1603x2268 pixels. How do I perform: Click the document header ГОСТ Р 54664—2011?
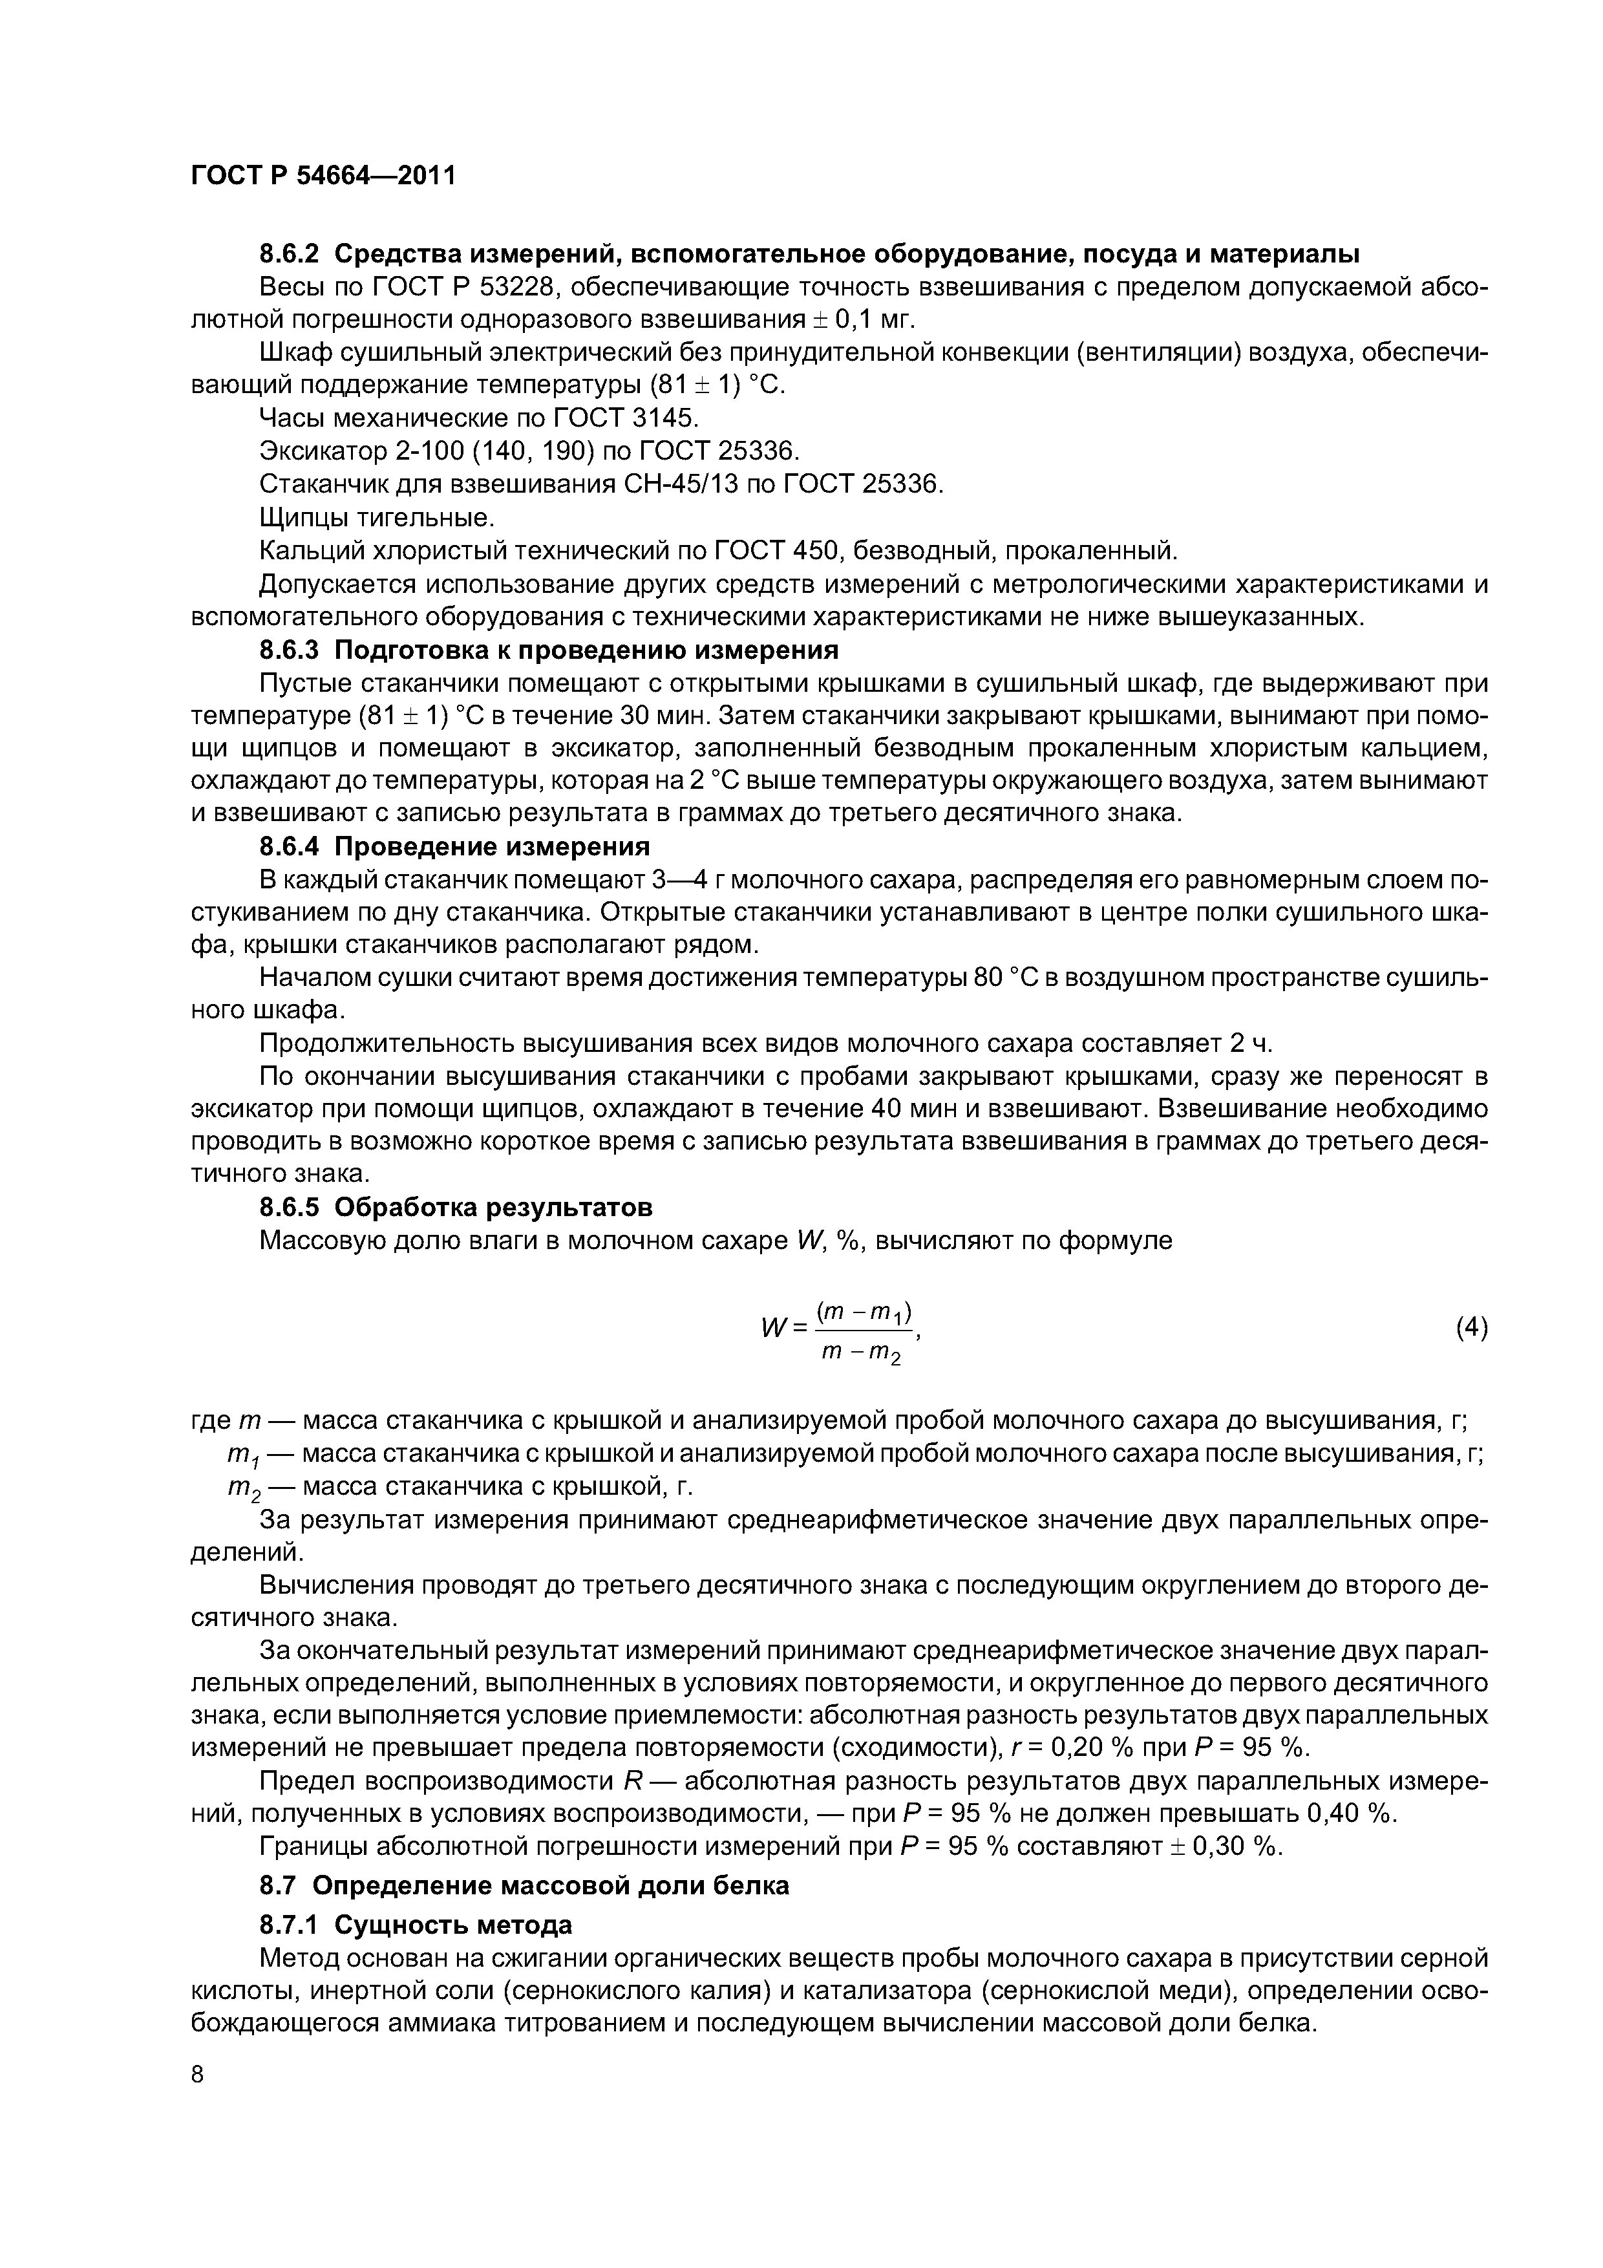(x=323, y=176)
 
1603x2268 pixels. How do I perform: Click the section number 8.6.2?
(x=290, y=254)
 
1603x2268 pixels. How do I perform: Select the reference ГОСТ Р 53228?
(x=460, y=288)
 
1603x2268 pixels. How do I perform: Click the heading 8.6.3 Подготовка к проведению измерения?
(x=548, y=650)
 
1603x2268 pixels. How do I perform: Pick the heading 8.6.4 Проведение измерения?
(x=454, y=846)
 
